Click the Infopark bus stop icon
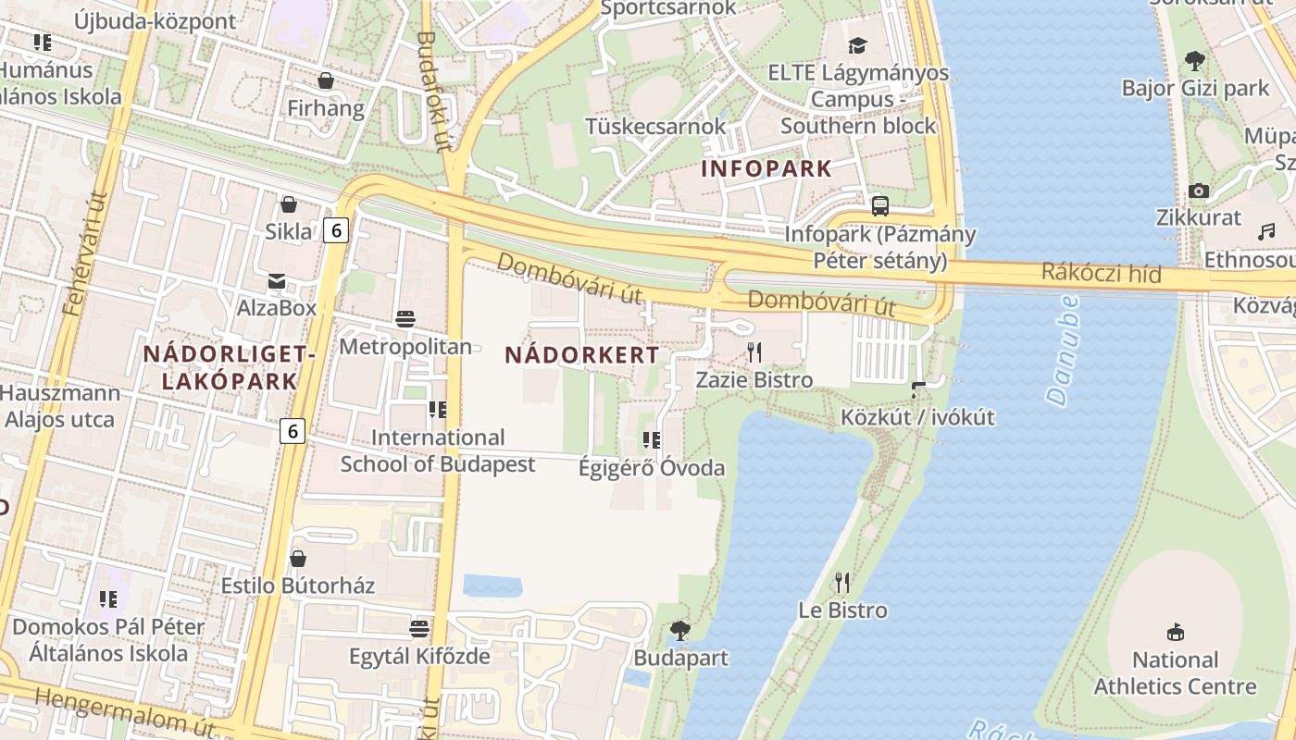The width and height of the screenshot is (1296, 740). click(879, 206)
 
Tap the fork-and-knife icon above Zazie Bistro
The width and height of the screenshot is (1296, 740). click(754, 352)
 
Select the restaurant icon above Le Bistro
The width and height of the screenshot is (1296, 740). click(841, 583)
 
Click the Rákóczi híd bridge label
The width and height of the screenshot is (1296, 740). click(1101, 273)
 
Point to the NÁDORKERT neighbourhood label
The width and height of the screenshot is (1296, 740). click(582, 354)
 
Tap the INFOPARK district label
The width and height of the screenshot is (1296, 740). click(766, 168)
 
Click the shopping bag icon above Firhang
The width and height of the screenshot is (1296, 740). click(325, 81)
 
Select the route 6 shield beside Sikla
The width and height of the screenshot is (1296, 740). click(335, 230)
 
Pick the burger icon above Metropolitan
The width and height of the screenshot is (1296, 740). click(405, 319)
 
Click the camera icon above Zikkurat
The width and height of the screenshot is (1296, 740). click(1199, 191)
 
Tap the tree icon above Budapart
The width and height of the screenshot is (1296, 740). click(680, 631)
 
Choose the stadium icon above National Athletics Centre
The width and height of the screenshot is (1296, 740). click(1175, 633)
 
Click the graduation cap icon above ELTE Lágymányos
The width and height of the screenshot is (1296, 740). click(858, 45)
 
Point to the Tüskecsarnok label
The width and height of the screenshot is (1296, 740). click(655, 125)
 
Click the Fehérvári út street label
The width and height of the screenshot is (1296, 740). click(86, 254)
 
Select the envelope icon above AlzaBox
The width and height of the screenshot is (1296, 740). click(276, 281)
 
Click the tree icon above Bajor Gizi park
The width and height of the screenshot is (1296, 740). click(1195, 62)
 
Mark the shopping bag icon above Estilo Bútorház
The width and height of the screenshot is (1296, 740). click(297, 559)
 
